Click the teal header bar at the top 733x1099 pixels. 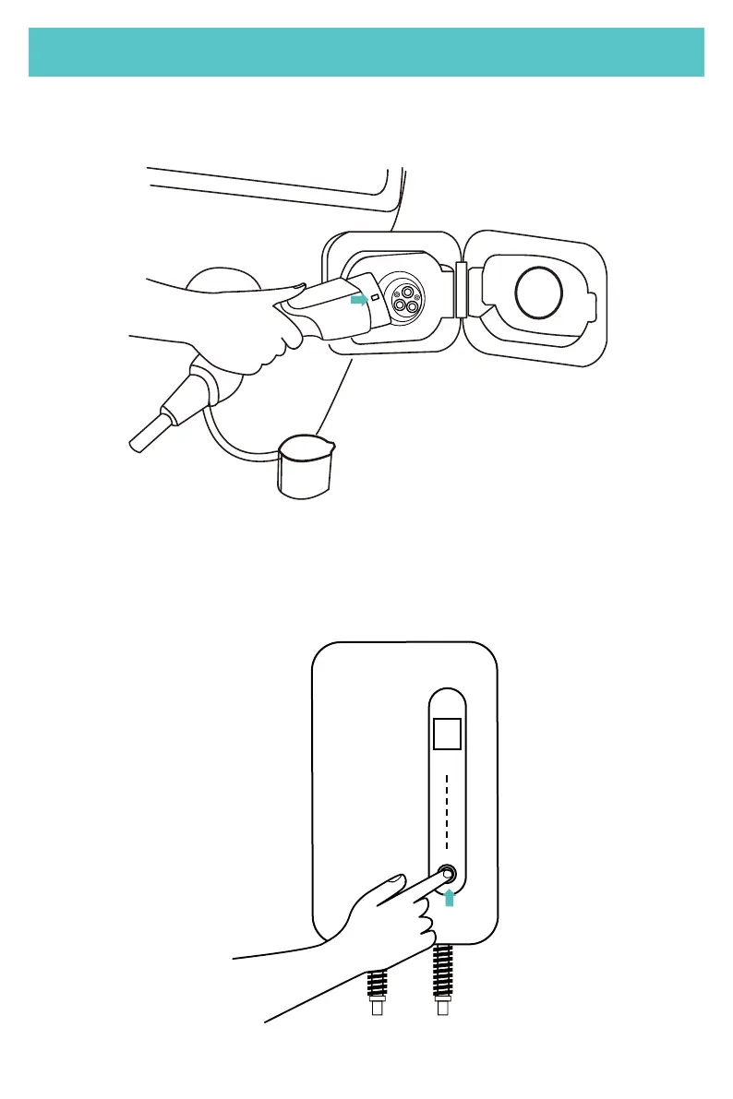(x=366, y=52)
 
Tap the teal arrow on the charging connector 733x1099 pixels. (x=358, y=299)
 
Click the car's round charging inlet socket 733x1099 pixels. (x=405, y=297)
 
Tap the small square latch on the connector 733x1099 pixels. (x=375, y=299)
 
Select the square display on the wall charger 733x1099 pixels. (x=448, y=735)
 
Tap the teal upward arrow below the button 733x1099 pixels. (x=450, y=896)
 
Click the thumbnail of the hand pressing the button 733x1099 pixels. (x=395, y=880)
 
